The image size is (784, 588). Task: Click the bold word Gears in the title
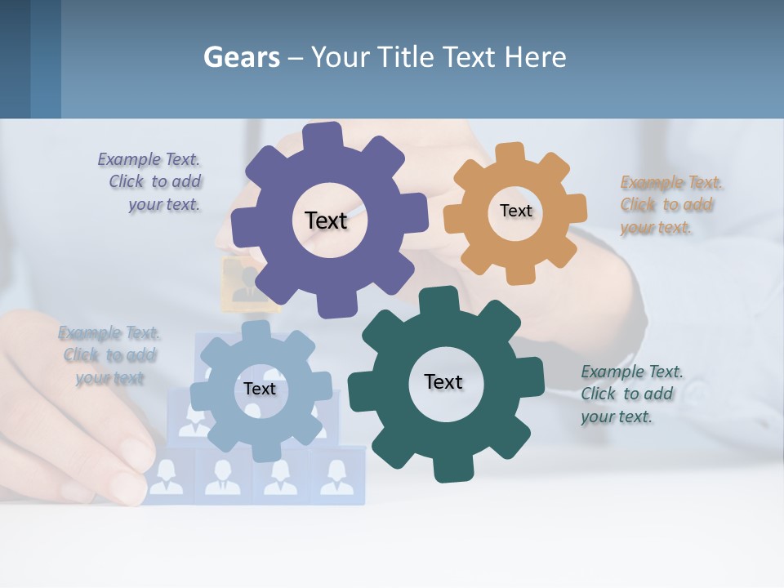241,58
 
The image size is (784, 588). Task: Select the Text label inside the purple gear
326,220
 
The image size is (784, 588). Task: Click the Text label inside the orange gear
515,211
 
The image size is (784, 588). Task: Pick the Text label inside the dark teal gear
443,381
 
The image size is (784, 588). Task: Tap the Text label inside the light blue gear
260,389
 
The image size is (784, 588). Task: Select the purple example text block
151,182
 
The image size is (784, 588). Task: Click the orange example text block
670,205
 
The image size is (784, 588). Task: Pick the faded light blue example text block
109,355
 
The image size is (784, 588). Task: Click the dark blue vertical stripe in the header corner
15,59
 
